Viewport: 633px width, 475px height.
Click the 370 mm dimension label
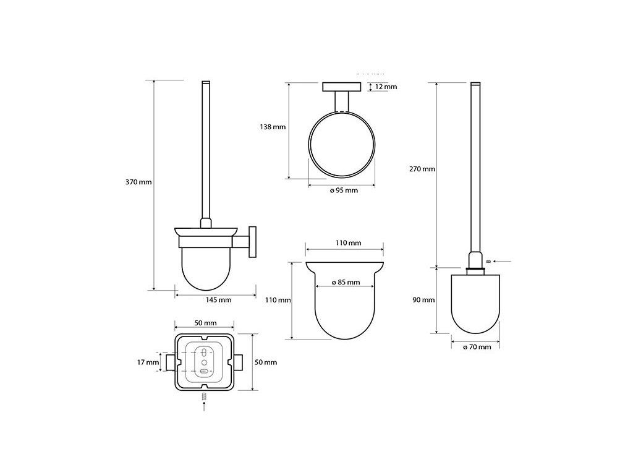[x=138, y=182]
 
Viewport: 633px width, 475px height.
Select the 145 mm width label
[x=218, y=300]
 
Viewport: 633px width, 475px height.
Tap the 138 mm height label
[x=273, y=127]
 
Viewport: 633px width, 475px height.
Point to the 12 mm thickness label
[x=386, y=87]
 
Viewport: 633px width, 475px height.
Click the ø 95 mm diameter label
[x=344, y=190]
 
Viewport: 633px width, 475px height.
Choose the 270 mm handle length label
[x=422, y=169]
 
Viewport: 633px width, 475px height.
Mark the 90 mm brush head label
[x=423, y=300]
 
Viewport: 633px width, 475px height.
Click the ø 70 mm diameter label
[x=477, y=347]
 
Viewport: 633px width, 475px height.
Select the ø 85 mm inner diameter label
[x=346, y=282]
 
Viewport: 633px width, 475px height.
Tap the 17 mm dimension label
[x=148, y=362]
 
